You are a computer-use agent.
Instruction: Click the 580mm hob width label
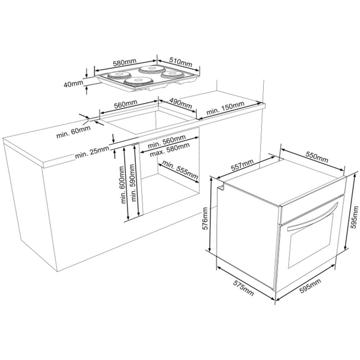125,63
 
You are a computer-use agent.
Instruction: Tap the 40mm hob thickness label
73,84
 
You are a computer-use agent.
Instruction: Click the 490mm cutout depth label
181,103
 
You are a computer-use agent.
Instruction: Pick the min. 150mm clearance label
225,108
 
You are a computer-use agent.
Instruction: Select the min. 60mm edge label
74,132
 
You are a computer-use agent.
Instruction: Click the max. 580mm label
170,150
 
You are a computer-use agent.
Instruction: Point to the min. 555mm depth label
180,170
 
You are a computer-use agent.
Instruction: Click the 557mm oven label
242,165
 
